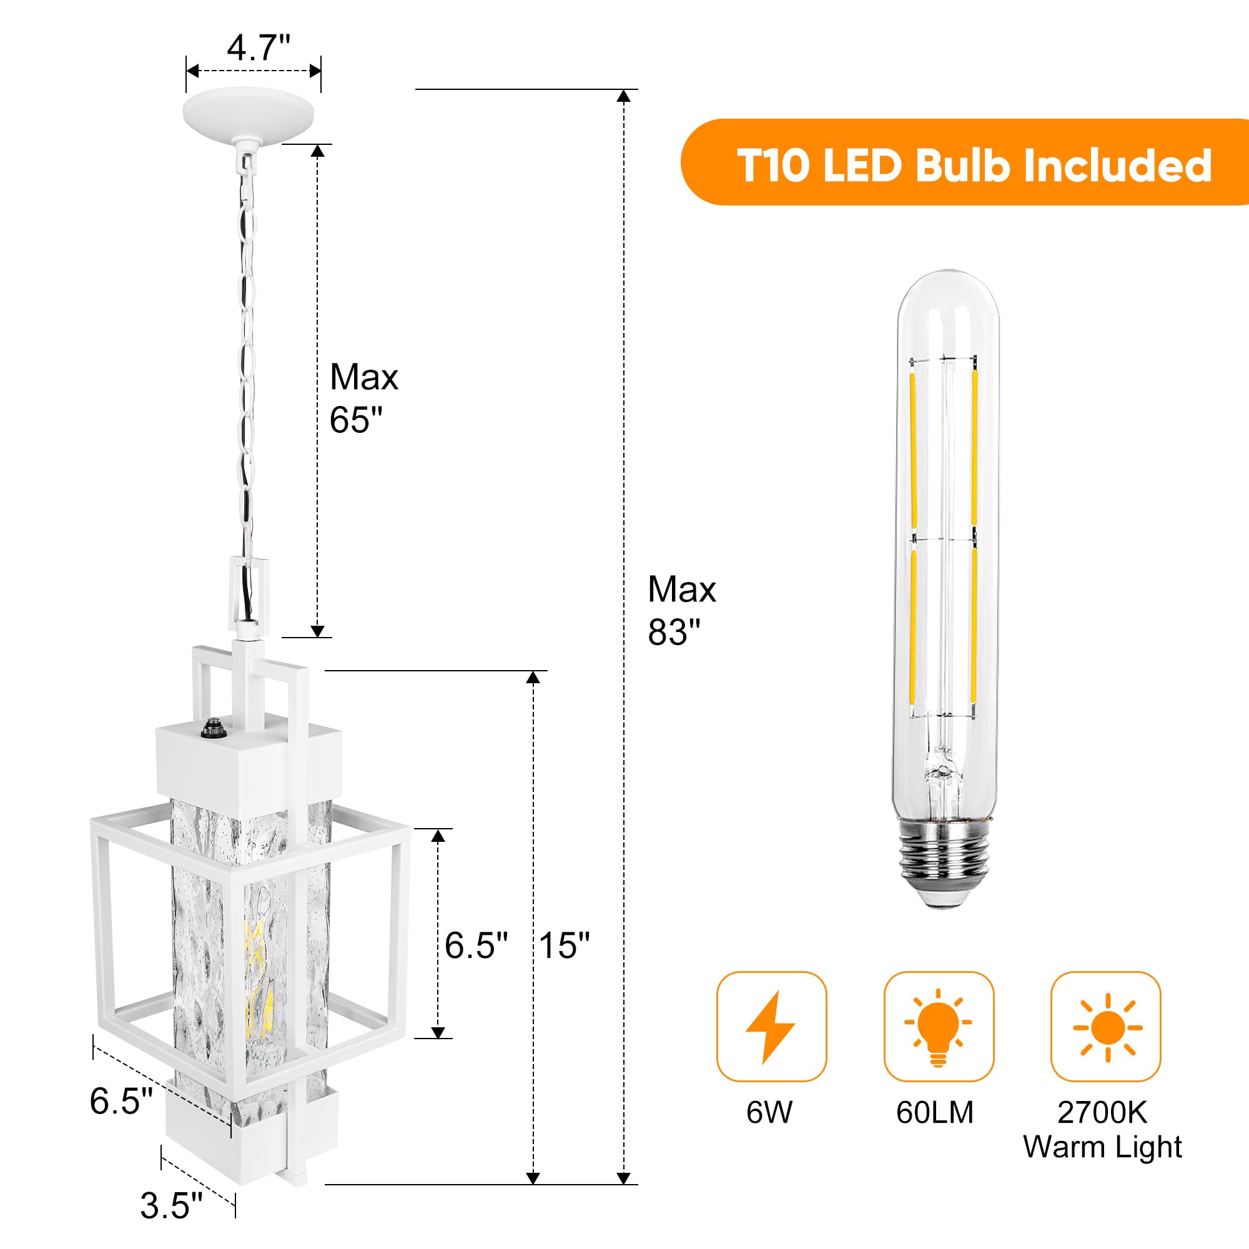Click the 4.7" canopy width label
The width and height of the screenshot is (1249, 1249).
[x=258, y=48]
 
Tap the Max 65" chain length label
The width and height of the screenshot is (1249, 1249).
[x=363, y=398]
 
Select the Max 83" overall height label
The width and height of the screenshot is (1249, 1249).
[x=681, y=610]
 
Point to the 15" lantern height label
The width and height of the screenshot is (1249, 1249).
[x=564, y=945]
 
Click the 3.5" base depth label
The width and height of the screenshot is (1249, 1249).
[x=171, y=1206]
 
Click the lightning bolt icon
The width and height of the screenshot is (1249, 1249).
[x=771, y=1027]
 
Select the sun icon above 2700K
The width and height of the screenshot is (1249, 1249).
[x=1107, y=1027]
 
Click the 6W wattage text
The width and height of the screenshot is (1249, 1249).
[x=769, y=1113]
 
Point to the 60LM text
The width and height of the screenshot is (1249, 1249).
[x=934, y=1113]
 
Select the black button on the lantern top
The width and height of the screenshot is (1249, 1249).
[x=210, y=730]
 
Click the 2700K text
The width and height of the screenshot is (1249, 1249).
[x=1102, y=1113]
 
